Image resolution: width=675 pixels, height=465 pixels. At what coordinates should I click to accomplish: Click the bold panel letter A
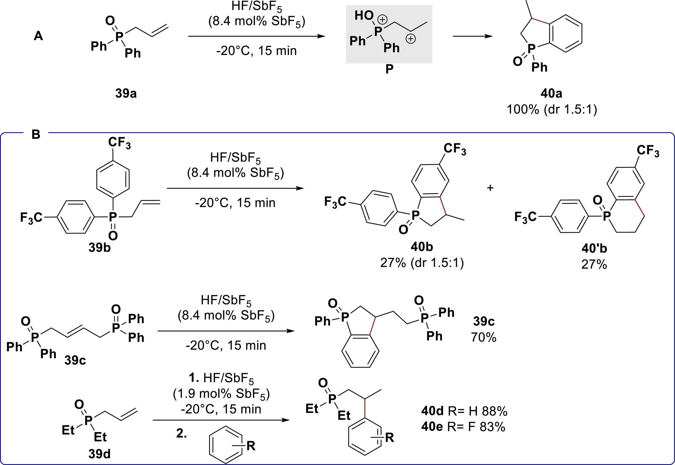pos(38,36)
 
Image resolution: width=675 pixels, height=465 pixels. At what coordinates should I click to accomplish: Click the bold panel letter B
pos(36,134)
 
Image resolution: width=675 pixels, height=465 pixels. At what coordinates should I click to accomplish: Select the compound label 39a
pos(126,94)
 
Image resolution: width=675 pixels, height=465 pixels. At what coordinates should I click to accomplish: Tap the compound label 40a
pos(551,94)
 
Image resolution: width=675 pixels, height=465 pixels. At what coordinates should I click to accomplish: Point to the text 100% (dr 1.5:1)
pos(552,109)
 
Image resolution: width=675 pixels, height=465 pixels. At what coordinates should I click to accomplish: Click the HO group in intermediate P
pos(364,15)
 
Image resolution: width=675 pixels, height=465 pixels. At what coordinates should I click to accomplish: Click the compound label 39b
pos(99,248)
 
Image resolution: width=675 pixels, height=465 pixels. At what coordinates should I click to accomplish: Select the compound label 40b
pos(422,247)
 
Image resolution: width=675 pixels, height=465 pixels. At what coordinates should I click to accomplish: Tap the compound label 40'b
pos(594,249)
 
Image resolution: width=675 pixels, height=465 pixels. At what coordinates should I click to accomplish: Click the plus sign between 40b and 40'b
pos(490,188)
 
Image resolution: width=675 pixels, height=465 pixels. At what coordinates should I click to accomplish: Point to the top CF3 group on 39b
pos(120,143)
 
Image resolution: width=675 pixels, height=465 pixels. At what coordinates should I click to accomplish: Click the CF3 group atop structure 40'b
pos(648,151)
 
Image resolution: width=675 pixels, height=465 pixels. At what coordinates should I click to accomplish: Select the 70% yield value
pos(484,337)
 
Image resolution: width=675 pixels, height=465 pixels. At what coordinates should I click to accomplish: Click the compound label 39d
pos(99,454)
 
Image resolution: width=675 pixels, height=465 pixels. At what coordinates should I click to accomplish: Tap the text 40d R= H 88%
pos(464,411)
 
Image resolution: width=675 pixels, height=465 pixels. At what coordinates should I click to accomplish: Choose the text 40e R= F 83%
pos(463,427)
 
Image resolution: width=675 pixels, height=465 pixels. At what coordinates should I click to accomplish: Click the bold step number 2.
pos(181,434)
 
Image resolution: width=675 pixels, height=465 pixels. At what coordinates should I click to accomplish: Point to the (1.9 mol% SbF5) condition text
pos(221,394)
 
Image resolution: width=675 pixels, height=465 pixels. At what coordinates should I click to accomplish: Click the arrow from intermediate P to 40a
pos(472,36)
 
